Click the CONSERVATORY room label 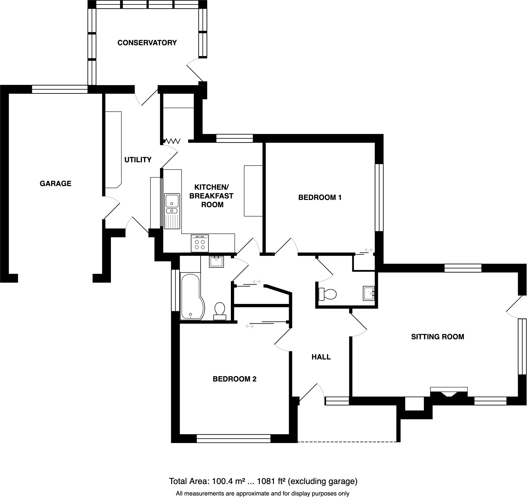pyautogui.click(x=147, y=43)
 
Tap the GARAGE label pyautogui.click(x=55, y=184)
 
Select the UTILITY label pyautogui.click(x=138, y=160)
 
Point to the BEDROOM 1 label pyautogui.click(x=320, y=198)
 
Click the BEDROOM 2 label pyautogui.click(x=234, y=379)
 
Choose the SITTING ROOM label pyautogui.click(x=437, y=337)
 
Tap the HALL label pyautogui.click(x=321, y=357)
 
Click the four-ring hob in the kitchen pyautogui.click(x=200, y=244)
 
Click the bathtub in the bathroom pyautogui.click(x=191, y=296)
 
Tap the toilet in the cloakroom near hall pyautogui.click(x=328, y=294)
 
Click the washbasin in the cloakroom pyautogui.click(x=368, y=293)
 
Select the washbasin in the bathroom pyautogui.click(x=216, y=261)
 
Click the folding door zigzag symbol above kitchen pyautogui.click(x=173, y=141)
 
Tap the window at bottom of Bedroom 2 pyautogui.click(x=234, y=439)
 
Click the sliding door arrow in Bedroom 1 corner pyautogui.click(x=368, y=250)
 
